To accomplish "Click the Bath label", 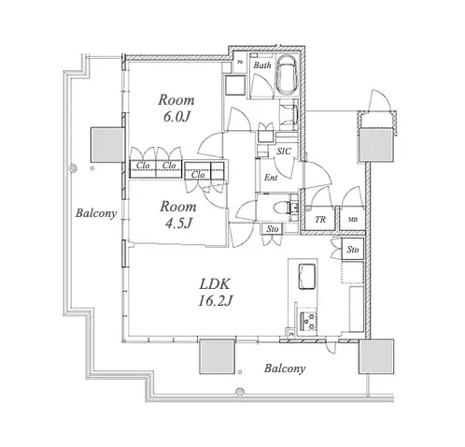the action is tap(262, 65).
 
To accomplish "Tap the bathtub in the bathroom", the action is tap(287, 75).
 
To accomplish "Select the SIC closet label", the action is tap(284, 151).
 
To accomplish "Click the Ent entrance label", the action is tap(271, 178).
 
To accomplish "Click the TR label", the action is tap(320, 220).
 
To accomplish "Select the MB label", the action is tap(353, 220).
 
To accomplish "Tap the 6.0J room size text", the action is tap(176, 117).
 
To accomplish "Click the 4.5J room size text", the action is tap(177, 223).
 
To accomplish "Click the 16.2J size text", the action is tap(215, 301).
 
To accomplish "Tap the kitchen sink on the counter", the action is tap(307, 277).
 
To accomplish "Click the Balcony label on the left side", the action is tap(96, 213).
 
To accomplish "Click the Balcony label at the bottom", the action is tap(285, 368).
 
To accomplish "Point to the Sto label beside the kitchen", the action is tap(353, 250).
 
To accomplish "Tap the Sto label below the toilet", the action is tap(273, 229).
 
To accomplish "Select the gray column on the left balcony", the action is tap(106, 145).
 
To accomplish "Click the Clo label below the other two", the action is tap(198, 175).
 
